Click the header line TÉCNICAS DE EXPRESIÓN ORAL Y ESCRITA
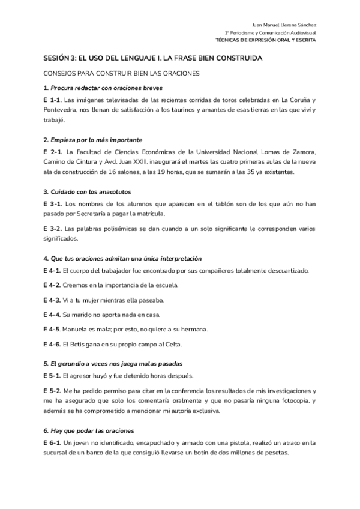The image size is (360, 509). tap(266, 40)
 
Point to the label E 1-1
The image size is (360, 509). tap(52, 100)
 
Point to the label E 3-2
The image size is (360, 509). tap(52, 229)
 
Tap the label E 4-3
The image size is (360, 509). tap(52, 300)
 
